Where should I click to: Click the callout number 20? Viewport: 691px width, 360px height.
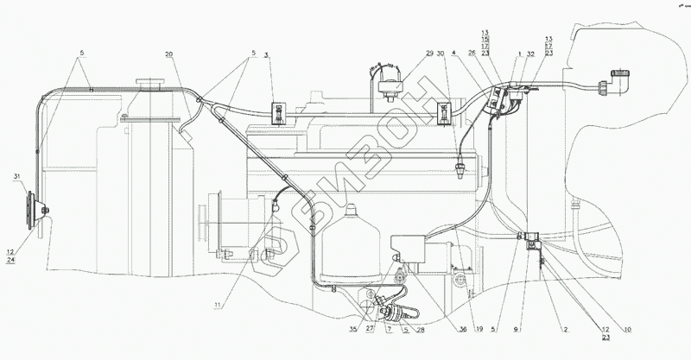click(170, 54)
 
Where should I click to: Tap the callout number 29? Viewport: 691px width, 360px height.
click(430, 54)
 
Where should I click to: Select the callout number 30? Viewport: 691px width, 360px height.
click(441, 54)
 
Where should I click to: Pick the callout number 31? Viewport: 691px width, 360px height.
click(16, 177)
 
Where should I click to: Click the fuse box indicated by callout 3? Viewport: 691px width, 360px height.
click(279, 111)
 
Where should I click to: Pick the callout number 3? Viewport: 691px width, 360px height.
click(267, 54)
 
